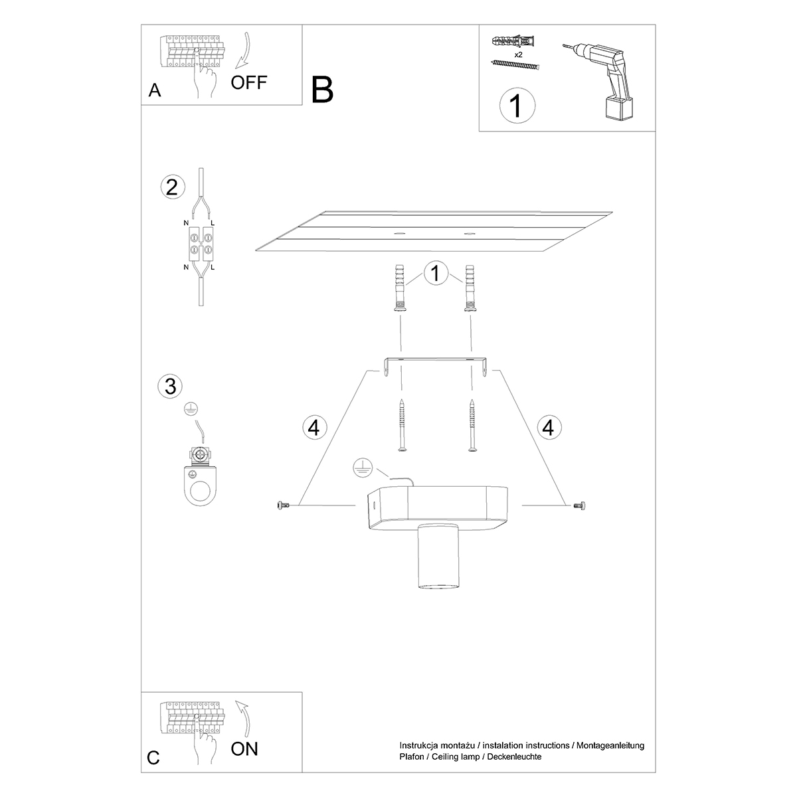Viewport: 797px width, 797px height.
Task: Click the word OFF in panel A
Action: pyautogui.click(x=249, y=83)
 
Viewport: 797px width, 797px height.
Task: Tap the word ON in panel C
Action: pyautogui.click(x=244, y=749)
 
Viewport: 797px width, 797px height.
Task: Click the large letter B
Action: pyautogui.click(x=322, y=90)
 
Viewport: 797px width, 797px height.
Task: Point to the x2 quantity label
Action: pyautogui.click(x=518, y=54)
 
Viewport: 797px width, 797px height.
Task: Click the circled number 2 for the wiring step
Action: pyautogui.click(x=172, y=187)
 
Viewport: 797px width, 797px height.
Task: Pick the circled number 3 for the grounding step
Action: pyautogui.click(x=171, y=387)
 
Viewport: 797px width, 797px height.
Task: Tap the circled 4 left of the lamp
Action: pyautogui.click(x=315, y=427)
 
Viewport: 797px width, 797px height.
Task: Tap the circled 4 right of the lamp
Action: pyautogui.click(x=549, y=427)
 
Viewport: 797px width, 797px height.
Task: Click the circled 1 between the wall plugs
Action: pyautogui.click(x=436, y=273)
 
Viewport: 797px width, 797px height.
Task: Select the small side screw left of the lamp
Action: pyautogui.click(x=284, y=505)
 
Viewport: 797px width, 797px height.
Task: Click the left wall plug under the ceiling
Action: pyautogui.click(x=400, y=288)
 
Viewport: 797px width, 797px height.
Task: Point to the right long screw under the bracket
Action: pyautogui.click(x=472, y=425)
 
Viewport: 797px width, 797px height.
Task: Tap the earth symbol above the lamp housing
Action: pyautogui.click(x=363, y=468)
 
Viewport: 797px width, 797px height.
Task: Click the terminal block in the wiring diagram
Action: pyautogui.click(x=201, y=244)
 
